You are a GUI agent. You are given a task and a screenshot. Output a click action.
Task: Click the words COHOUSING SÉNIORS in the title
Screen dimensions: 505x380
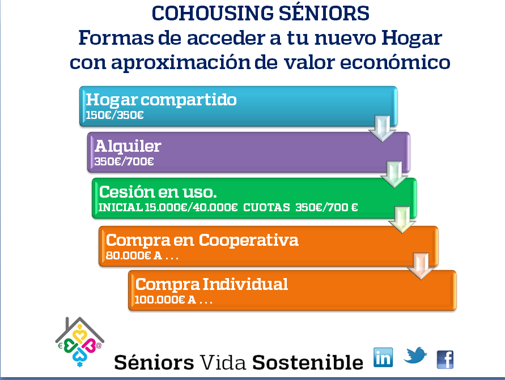(x=260, y=13)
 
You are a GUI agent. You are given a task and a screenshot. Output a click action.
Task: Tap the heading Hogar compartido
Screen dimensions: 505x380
(x=161, y=100)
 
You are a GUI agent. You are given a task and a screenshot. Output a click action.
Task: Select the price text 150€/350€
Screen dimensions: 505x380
(x=114, y=115)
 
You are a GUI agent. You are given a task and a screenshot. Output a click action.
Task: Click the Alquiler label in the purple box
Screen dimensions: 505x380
(x=128, y=146)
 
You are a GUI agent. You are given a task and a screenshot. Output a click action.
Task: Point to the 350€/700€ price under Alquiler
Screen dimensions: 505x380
(x=124, y=161)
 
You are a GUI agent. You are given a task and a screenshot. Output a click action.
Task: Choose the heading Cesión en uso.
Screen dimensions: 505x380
(x=158, y=192)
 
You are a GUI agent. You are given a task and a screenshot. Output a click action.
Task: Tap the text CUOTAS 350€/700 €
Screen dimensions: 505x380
(x=300, y=207)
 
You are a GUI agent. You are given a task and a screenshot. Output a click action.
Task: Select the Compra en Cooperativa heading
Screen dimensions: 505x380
(x=202, y=240)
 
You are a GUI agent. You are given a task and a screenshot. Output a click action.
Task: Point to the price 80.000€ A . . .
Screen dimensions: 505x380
(x=134, y=255)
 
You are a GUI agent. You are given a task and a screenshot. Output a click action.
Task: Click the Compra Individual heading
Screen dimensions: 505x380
(x=211, y=284)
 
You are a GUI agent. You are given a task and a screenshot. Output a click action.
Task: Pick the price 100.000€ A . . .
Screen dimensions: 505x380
(x=165, y=300)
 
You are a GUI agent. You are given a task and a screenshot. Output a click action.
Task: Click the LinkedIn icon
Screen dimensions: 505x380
(x=383, y=357)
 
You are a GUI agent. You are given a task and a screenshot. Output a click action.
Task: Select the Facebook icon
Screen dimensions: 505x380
(x=445, y=360)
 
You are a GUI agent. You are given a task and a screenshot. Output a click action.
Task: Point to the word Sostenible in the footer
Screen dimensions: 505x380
(x=308, y=362)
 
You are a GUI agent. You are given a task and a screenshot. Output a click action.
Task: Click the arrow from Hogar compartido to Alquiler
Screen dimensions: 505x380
(x=383, y=129)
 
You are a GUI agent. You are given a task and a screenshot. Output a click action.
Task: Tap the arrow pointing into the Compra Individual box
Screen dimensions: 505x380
(x=421, y=266)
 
